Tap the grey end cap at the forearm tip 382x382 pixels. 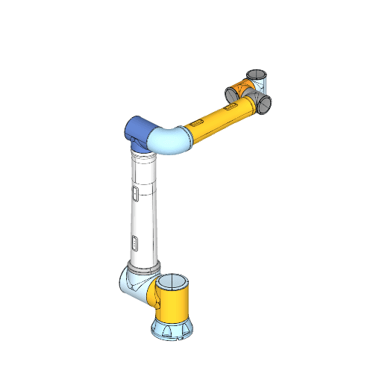click(263, 104)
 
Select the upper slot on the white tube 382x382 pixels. click(134, 194)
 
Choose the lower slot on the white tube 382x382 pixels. click(134, 242)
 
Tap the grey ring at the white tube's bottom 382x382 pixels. click(143, 266)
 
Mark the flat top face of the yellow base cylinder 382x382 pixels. click(173, 283)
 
